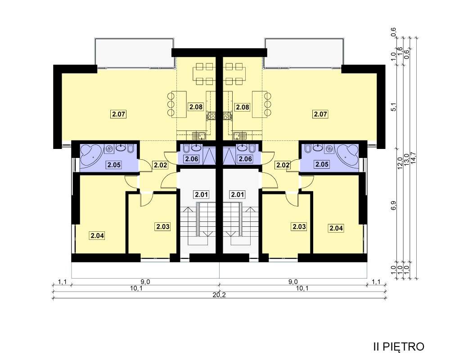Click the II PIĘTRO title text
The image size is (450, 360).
coord(399,346)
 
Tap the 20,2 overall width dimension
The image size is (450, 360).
coord(220,295)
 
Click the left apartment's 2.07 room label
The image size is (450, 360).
coord(118,114)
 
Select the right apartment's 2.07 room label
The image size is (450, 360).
coord(320,114)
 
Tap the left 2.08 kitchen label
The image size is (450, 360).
coord(196,107)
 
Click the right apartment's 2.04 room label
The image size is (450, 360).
coord(336,228)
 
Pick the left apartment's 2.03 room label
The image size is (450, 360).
coord(163,226)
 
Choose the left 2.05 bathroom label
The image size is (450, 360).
coord(114,165)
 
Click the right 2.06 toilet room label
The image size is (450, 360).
coord(245,158)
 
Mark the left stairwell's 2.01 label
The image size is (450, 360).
coord(201,195)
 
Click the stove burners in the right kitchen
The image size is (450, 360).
coord(228,116)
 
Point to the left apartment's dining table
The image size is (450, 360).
coord(204,74)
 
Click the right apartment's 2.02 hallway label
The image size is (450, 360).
coord(283,165)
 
